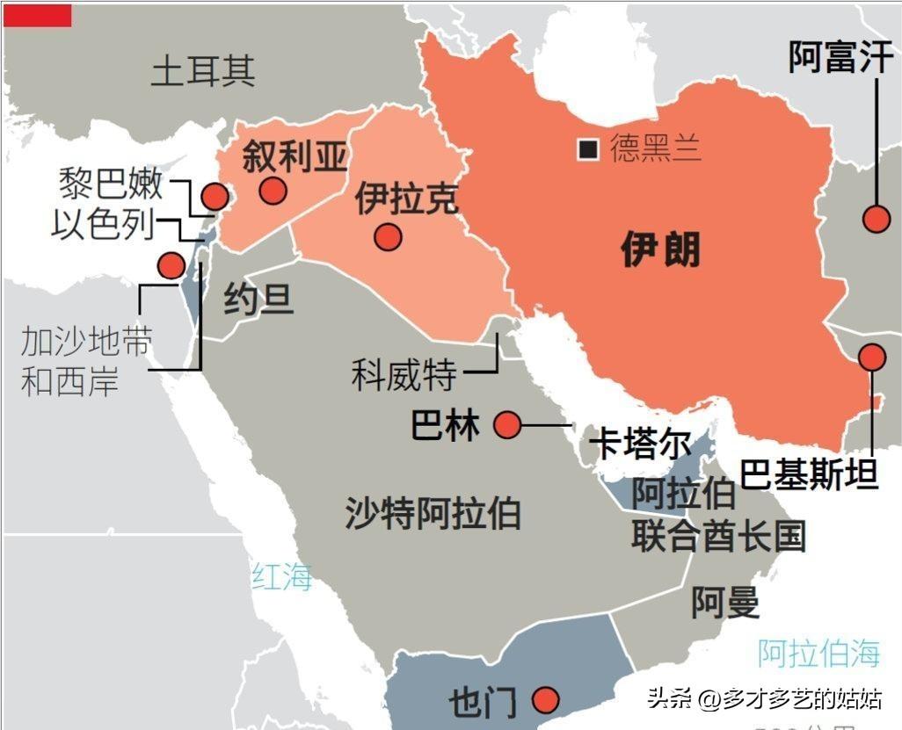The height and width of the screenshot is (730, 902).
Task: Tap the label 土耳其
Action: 203,70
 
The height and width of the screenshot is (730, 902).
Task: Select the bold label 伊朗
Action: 660,249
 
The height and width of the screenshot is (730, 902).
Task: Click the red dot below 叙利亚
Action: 273,191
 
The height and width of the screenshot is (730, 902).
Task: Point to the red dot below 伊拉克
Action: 387,236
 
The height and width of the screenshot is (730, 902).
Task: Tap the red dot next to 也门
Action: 546,700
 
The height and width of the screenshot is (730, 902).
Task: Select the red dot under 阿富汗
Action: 876,219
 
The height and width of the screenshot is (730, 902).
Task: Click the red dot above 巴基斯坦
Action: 872,357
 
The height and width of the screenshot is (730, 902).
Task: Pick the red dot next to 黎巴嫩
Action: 214,198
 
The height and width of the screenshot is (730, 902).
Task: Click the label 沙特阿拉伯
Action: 432,512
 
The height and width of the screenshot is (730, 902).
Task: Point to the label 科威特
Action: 404,375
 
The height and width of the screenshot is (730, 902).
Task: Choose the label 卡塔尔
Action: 639,444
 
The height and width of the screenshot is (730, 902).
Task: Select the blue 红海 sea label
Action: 282,576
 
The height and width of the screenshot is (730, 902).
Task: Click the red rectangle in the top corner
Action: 37,14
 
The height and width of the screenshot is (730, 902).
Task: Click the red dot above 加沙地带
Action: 170,264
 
